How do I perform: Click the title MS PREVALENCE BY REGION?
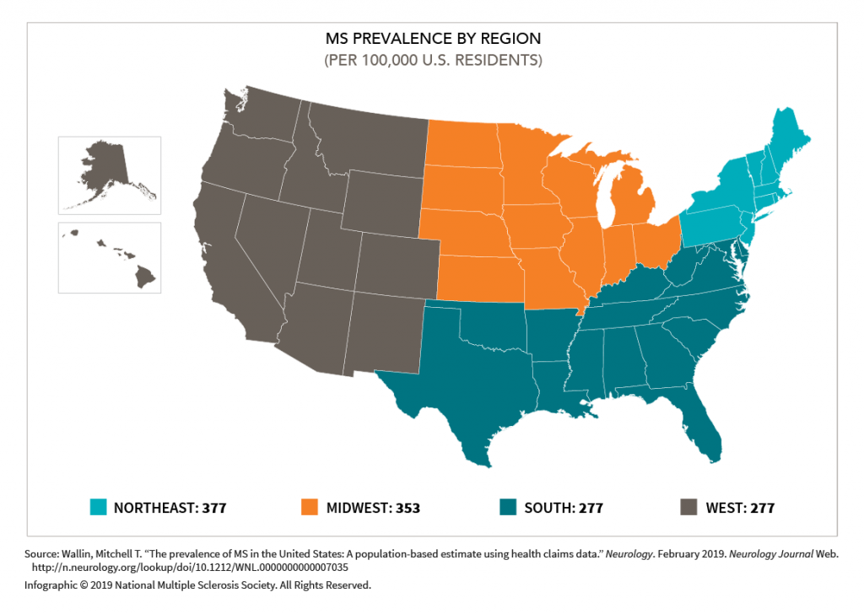[433, 40]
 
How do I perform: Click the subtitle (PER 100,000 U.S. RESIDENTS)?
[433, 61]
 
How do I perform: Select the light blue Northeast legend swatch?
[98, 508]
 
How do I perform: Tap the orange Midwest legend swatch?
[310, 508]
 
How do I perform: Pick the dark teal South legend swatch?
[508, 508]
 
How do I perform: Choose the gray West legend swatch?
[688, 508]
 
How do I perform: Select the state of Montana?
[363, 139]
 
